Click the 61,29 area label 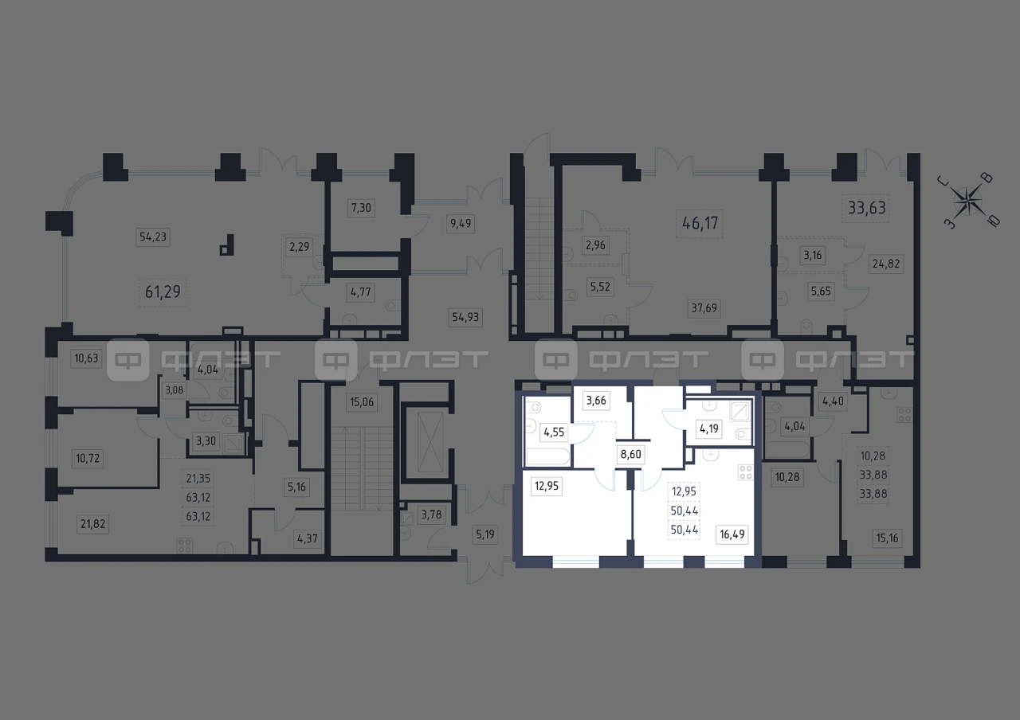[163, 292]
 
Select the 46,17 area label [700, 223]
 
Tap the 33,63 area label [866, 208]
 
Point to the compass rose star [967, 202]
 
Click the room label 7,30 [361, 208]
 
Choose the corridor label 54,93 [465, 317]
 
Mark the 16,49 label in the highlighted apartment [732, 534]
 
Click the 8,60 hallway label [630, 454]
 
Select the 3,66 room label [596, 401]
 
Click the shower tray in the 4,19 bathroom [739, 412]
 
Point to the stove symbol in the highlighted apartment [745, 472]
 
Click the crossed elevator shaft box [430, 442]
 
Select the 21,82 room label [93, 524]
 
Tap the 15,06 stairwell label [362, 402]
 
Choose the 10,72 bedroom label [88, 458]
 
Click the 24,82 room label [885, 264]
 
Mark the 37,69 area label [704, 308]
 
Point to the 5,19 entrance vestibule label [485, 534]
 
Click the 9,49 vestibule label [461, 224]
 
